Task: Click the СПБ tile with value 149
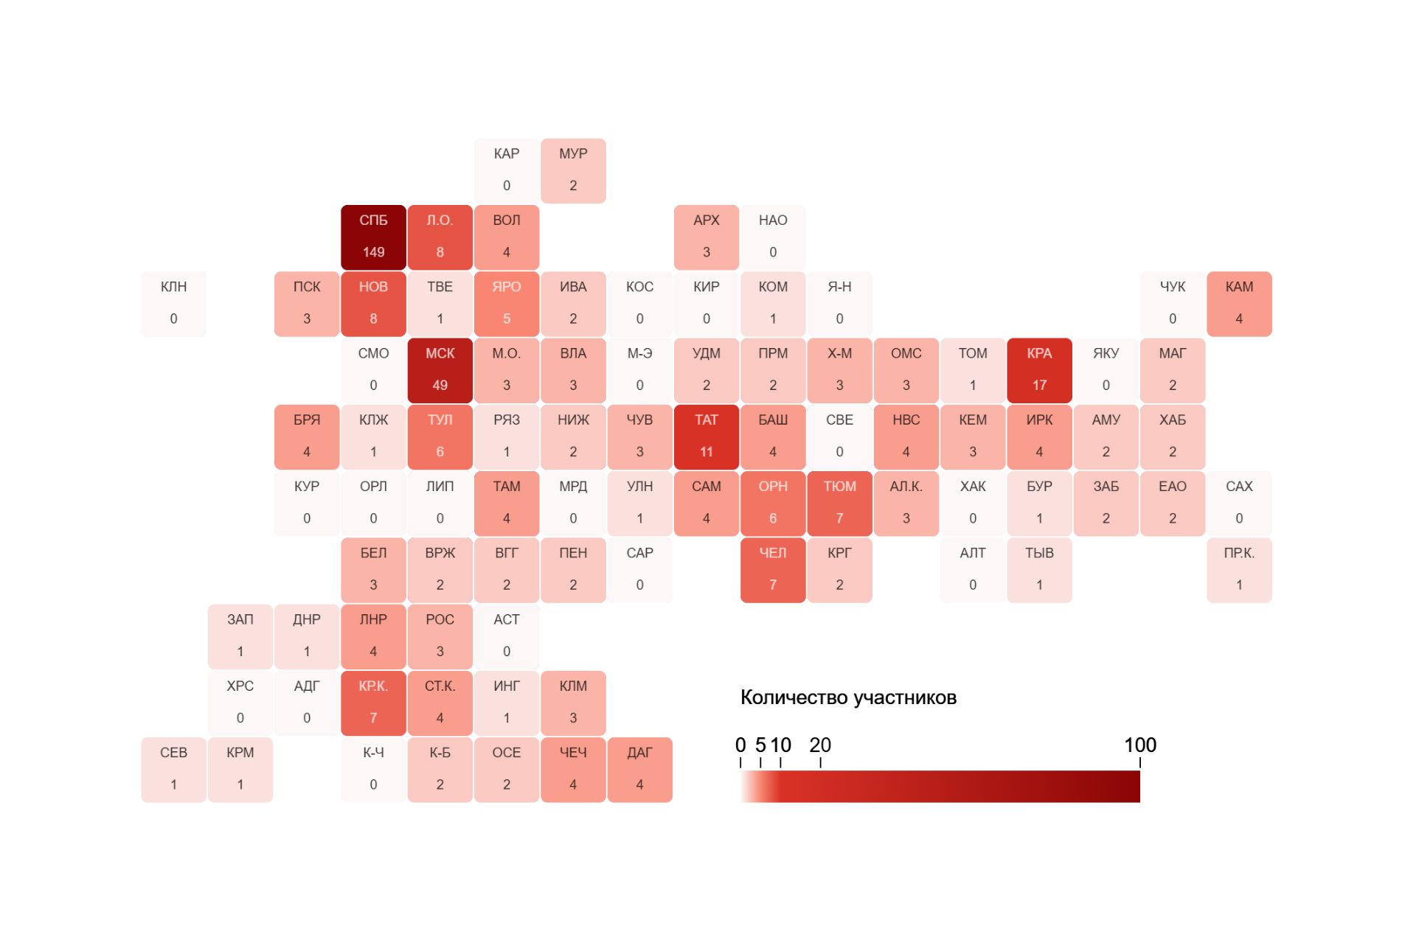click(373, 237)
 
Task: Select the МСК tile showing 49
click(440, 370)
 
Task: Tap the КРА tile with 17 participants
click(1039, 370)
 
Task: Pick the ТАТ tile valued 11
click(706, 436)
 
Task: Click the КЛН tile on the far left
click(173, 304)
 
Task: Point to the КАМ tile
click(1239, 304)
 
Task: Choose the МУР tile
click(573, 170)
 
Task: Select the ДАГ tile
click(639, 770)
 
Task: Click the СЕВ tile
click(173, 770)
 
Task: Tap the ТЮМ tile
click(839, 503)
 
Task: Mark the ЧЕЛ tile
click(773, 570)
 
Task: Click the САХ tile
click(1239, 503)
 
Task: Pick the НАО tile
click(773, 237)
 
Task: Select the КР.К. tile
click(373, 703)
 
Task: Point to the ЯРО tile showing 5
click(507, 304)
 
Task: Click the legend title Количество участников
click(848, 697)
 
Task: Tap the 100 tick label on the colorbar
click(1139, 745)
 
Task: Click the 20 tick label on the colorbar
click(820, 745)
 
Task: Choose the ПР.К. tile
click(1239, 570)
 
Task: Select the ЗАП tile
click(240, 636)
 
